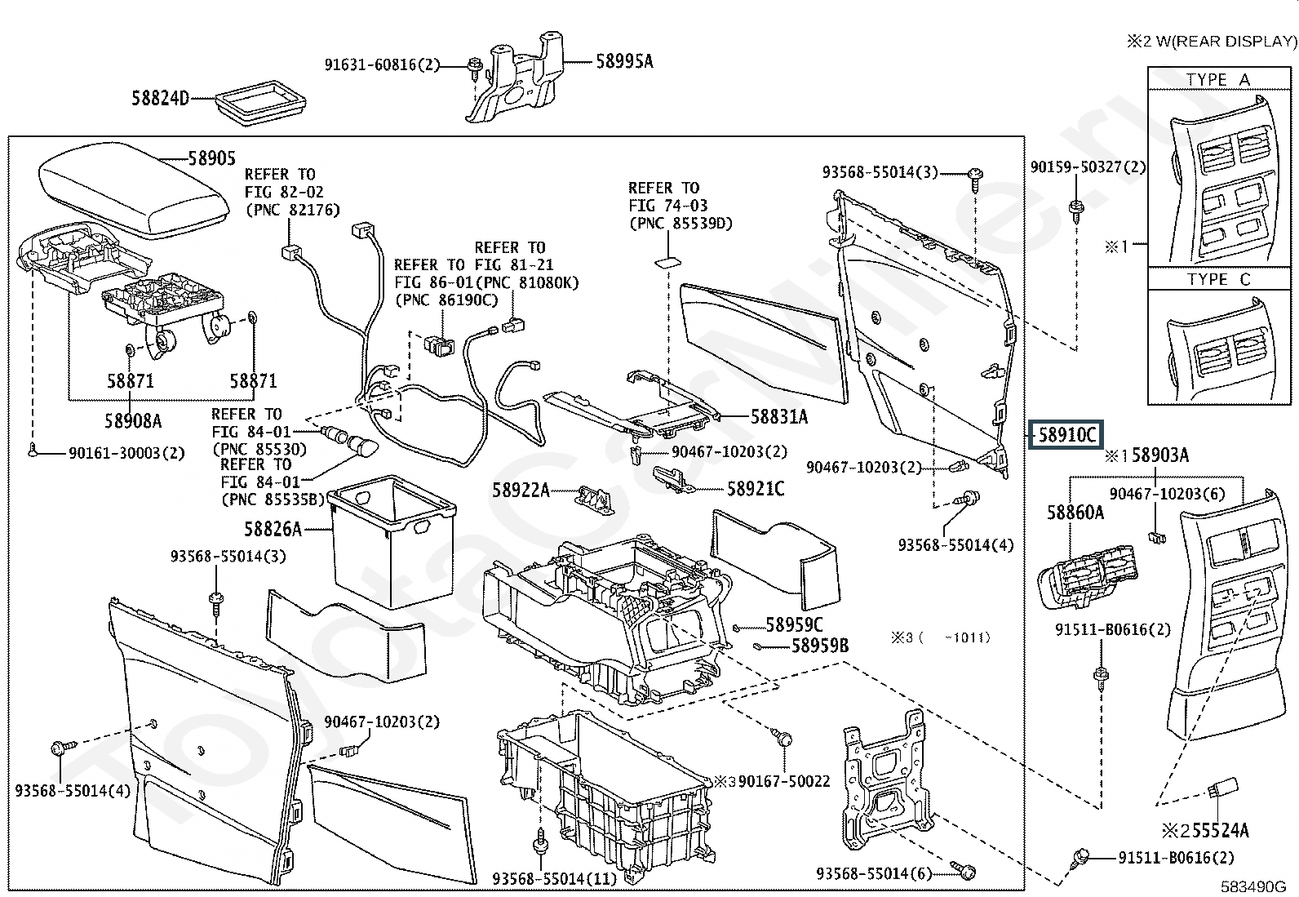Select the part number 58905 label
click(211, 158)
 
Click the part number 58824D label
click(160, 99)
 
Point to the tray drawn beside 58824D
click(259, 102)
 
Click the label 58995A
click(624, 61)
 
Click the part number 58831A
click(778, 417)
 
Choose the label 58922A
click(521, 491)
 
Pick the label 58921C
click(756, 489)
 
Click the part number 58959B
click(820, 646)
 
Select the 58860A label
click(1075, 513)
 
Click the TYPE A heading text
click(1217, 80)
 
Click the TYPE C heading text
click(1217, 279)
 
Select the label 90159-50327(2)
click(1088, 167)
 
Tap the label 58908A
click(133, 420)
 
